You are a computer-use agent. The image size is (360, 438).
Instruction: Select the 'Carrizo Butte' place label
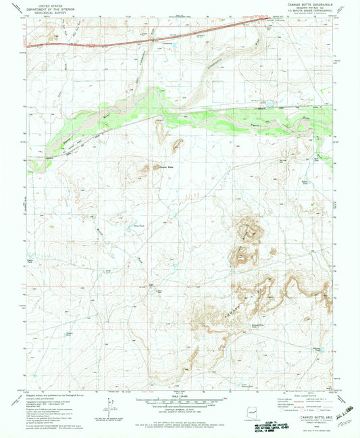(166, 166)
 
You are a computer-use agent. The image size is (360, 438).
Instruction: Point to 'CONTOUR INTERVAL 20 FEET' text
(180, 407)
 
